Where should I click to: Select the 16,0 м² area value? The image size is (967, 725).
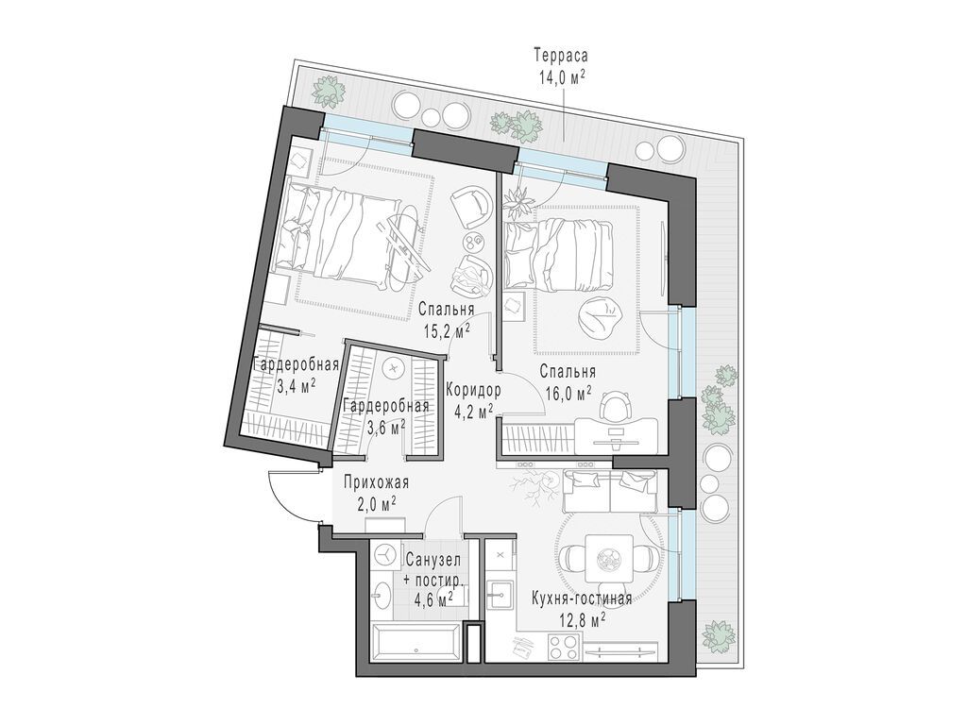coord(568,391)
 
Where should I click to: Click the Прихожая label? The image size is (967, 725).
coord(376,483)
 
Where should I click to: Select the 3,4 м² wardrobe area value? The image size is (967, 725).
coord(296,387)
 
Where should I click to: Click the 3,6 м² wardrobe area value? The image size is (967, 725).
coord(386,426)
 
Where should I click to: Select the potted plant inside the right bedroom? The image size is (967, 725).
coord(517,201)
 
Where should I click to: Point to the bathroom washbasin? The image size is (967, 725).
coord(382,593)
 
